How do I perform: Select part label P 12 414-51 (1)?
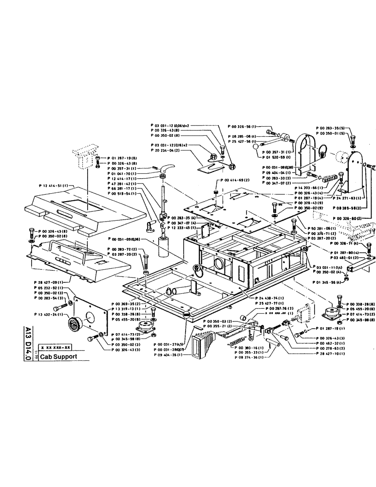tap(54, 186)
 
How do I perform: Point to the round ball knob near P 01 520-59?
tap(259, 147)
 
